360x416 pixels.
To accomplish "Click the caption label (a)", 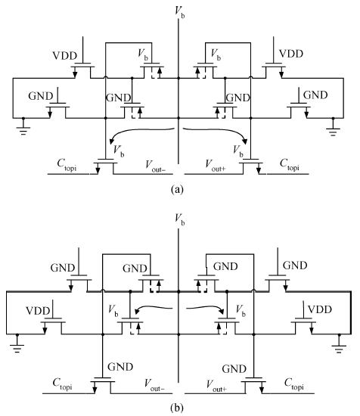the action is pyautogui.click(x=177, y=189).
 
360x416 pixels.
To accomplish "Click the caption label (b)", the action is pyautogui.click(x=177, y=407).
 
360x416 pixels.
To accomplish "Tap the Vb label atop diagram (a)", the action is pyautogui.click(x=179, y=12).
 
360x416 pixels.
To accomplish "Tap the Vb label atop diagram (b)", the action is pyautogui.click(x=179, y=219).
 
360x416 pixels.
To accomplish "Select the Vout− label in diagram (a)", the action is pyautogui.click(x=155, y=166).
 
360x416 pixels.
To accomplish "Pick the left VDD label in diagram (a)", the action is pyautogui.click(x=65, y=56).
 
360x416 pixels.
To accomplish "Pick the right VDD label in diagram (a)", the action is pyautogui.click(x=291, y=54).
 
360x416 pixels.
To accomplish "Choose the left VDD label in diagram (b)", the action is pyautogui.click(x=38, y=311).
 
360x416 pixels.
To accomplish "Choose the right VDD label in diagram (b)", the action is pyautogui.click(x=320, y=309).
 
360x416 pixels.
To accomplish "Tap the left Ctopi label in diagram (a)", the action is pyautogui.click(x=67, y=165).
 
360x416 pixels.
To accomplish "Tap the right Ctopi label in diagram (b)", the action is pyautogui.click(x=294, y=384).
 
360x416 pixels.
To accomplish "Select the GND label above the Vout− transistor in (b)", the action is pyautogui.click(x=120, y=367).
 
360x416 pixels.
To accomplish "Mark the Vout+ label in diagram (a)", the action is pyautogui.click(x=216, y=165).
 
